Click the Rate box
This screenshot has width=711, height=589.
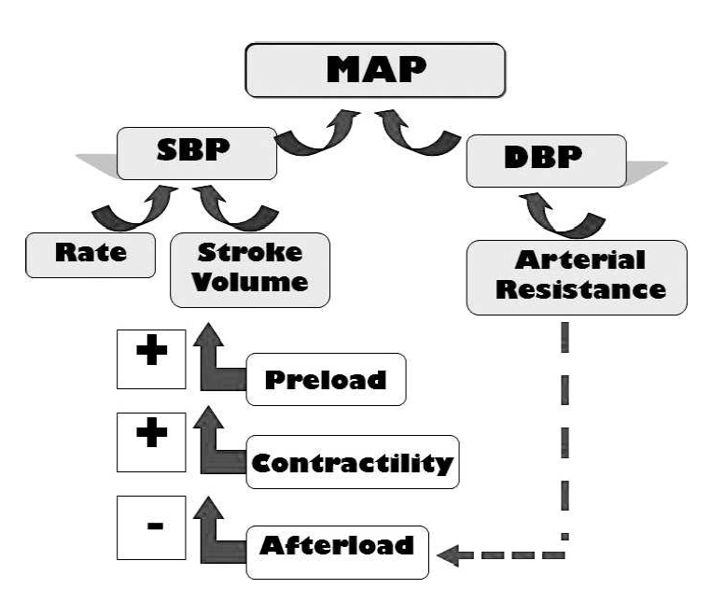pyautogui.click(x=90, y=254)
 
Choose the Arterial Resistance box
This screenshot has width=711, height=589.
pyautogui.click(x=577, y=276)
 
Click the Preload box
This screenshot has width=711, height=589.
pyautogui.click(x=326, y=379)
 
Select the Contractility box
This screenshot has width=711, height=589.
pyautogui.click(x=352, y=461)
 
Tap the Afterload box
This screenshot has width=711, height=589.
pyautogui.click(x=337, y=545)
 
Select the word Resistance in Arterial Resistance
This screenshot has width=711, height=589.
pyautogui.click(x=580, y=289)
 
